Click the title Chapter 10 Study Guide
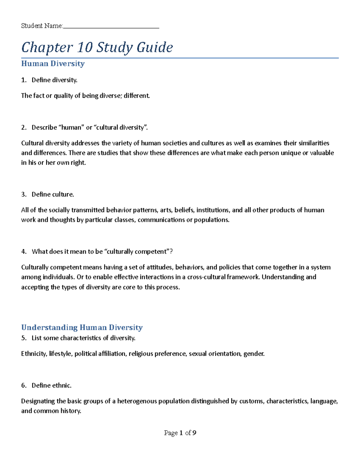click(97, 47)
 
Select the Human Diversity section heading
click(53, 64)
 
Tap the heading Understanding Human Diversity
click(82, 327)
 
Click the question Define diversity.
click(54, 80)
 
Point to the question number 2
click(24, 128)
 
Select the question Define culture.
click(53, 194)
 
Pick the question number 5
click(24, 338)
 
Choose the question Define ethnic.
click(52, 386)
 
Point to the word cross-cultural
click(206, 277)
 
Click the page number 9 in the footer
click(194, 433)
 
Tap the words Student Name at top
click(42, 26)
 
